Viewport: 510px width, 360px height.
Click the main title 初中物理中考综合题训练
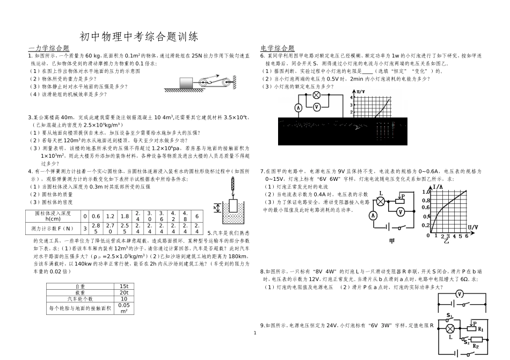[139, 36]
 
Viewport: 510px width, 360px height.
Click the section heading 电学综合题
[277, 48]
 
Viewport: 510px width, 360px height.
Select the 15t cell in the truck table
[123, 286]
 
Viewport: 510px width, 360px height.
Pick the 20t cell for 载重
[123, 292]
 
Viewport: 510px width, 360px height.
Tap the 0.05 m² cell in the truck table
[123, 308]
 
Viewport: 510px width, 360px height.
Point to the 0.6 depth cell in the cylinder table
[97, 216]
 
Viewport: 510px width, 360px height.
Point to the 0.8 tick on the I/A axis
[427, 201]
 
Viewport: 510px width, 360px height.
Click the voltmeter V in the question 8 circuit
[459, 294]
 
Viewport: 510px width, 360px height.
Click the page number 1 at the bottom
[255, 333]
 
